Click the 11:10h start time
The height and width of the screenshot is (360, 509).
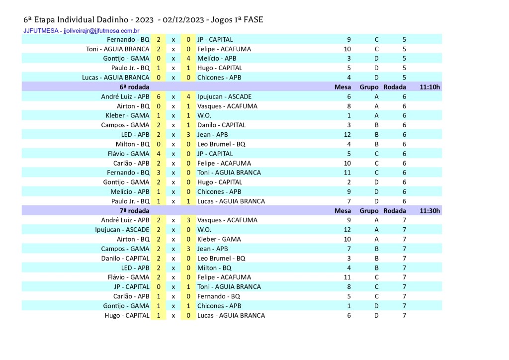point(429,87)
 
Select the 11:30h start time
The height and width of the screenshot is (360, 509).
point(429,211)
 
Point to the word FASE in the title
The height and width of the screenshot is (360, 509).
point(253,20)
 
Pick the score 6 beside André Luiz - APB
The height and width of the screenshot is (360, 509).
point(158,96)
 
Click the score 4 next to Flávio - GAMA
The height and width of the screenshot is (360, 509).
point(158,154)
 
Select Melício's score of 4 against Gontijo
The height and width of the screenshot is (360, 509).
point(189,59)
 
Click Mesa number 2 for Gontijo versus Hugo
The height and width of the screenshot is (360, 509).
point(349,182)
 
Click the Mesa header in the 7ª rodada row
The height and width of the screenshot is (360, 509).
point(342,211)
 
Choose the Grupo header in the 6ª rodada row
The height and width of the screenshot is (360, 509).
point(369,87)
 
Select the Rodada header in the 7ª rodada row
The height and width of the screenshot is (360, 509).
point(395,211)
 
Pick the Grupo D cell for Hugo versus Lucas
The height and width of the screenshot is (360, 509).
point(376,315)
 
